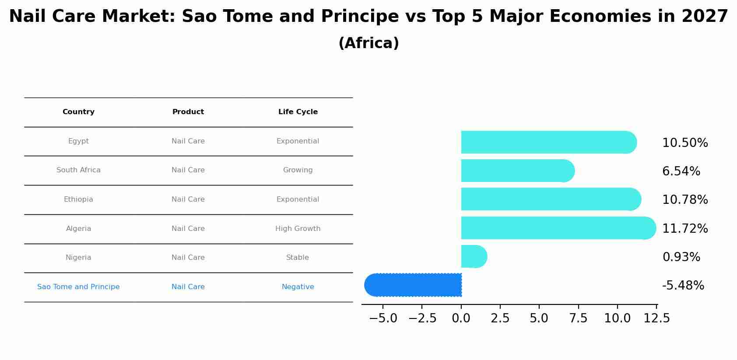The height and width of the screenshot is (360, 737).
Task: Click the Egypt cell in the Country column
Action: (78, 141)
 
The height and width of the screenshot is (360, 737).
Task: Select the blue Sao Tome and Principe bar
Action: (414, 285)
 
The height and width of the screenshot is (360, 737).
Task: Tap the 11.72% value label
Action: (685, 229)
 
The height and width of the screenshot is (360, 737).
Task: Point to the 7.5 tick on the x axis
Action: (578, 318)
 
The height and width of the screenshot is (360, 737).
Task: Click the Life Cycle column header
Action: (298, 112)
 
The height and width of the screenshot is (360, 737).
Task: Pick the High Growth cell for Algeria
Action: (298, 229)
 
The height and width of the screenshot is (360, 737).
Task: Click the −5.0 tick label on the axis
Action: (383, 318)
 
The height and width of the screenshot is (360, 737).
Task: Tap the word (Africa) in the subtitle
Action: (368, 43)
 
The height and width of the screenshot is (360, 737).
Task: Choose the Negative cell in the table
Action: (298, 287)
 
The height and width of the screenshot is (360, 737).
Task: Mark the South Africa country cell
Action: (78, 170)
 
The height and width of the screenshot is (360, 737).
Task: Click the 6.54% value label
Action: (681, 171)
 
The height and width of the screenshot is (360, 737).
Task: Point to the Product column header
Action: (188, 112)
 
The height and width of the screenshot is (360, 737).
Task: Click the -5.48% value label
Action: (683, 286)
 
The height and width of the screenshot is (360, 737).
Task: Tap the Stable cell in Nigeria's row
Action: (298, 258)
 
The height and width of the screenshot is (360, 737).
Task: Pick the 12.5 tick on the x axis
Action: (656, 318)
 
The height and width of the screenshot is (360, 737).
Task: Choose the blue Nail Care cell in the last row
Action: (188, 287)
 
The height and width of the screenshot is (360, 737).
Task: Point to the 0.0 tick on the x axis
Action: (461, 318)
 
